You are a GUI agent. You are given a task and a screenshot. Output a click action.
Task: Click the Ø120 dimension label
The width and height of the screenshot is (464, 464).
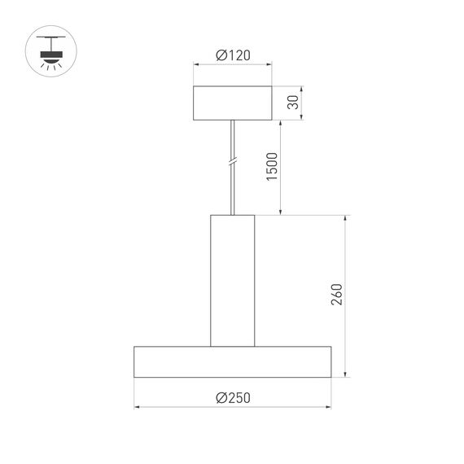click(233, 55)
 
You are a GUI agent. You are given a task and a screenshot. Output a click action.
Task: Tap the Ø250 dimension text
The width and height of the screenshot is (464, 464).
click(233, 397)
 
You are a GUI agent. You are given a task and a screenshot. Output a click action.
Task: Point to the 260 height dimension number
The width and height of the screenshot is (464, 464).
click(337, 294)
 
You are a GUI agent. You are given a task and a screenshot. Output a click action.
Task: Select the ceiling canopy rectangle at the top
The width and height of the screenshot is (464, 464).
click(233, 103)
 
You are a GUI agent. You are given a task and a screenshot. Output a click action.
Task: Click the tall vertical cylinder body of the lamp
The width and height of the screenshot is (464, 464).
click(233, 280)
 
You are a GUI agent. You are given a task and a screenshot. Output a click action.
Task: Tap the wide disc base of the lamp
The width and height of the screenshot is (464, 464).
click(233, 361)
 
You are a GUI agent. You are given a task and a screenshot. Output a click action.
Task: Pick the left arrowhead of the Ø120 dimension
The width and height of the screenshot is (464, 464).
click(195, 66)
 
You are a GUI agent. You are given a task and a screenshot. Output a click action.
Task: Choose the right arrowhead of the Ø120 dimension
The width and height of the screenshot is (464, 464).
click(270, 66)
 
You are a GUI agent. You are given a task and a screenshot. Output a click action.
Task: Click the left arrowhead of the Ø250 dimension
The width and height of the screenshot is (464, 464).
click(138, 408)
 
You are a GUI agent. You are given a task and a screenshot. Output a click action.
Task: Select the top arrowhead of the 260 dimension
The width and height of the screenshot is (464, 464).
click(347, 219)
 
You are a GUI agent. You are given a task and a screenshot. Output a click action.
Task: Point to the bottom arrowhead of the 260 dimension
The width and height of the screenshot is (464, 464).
click(347, 374)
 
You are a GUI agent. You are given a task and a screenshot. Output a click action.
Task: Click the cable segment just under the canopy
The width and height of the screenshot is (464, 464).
click(233, 130)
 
